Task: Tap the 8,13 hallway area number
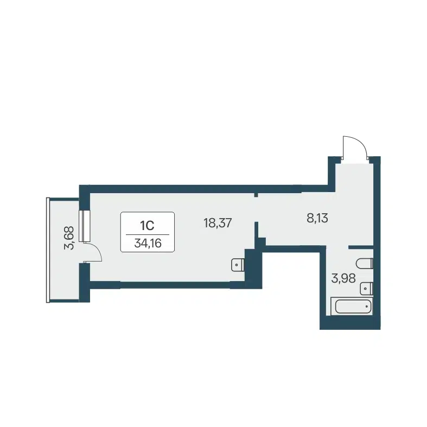(317, 218)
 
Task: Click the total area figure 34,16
(147, 243)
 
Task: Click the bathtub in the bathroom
(352, 307)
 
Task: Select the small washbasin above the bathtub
(367, 288)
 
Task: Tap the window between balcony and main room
(84, 225)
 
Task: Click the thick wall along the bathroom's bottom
(350, 323)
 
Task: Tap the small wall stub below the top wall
(256, 194)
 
